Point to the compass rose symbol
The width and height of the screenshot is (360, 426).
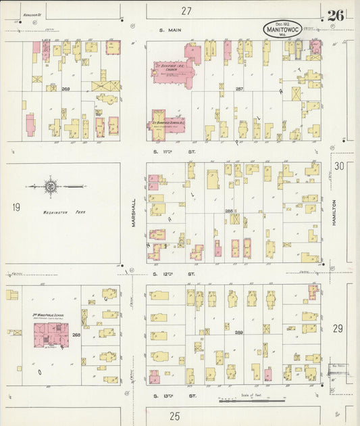click(50, 185)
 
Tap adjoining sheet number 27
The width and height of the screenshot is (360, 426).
click(186, 10)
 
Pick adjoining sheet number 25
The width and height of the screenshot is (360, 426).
click(175, 416)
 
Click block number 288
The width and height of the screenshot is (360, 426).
click(228, 211)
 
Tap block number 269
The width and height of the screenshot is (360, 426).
click(66, 89)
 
